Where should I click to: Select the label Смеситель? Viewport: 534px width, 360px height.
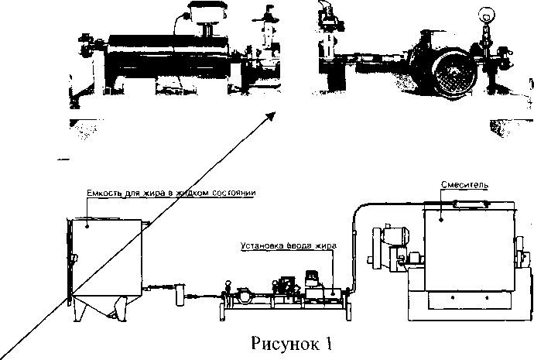[x=464, y=185]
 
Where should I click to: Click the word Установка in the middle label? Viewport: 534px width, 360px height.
[x=261, y=245]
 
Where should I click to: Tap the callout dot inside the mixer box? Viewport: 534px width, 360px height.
[x=441, y=220]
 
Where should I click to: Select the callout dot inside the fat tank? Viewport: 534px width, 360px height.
[x=87, y=225]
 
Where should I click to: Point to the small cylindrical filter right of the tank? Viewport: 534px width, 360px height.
[x=180, y=294]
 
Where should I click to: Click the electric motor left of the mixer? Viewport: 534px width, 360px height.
[x=389, y=245]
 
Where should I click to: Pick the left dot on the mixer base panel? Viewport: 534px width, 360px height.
[x=453, y=297]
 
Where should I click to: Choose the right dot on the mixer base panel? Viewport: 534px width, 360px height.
[x=487, y=297]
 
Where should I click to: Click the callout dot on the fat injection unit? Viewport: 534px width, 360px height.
[x=333, y=292]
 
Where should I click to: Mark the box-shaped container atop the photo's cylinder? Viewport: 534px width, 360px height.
[x=207, y=11]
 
